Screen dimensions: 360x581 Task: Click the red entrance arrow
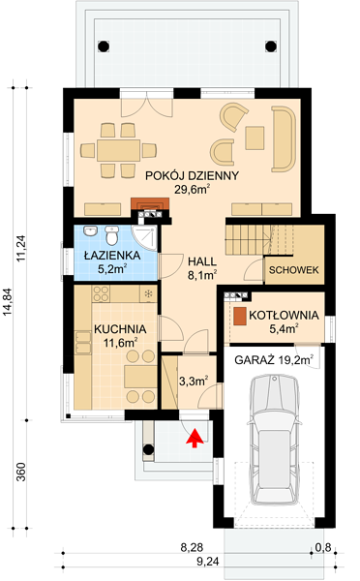coord(195,438)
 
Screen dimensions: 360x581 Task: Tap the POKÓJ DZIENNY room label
coord(192,175)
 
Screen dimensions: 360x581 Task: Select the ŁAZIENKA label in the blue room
coord(112,256)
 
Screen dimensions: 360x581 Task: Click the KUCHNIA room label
coord(120,329)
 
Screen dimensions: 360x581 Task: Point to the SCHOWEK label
coord(293,270)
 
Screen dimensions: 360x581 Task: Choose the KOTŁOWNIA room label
coord(284,316)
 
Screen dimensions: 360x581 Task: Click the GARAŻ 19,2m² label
coord(274,360)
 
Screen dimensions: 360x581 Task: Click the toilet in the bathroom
coord(111,235)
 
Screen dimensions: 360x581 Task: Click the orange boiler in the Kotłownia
coord(240,317)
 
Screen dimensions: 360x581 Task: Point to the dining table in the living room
coord(118,150)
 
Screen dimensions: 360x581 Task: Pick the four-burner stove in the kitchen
coord(101,293)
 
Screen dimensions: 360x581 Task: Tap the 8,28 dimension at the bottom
coord(192,547)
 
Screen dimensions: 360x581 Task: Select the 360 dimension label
coord(22,472)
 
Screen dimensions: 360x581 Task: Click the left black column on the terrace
coord(104,46)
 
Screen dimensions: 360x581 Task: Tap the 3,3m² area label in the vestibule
coord(194,381)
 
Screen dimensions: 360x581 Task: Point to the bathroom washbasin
coord(90,231)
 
